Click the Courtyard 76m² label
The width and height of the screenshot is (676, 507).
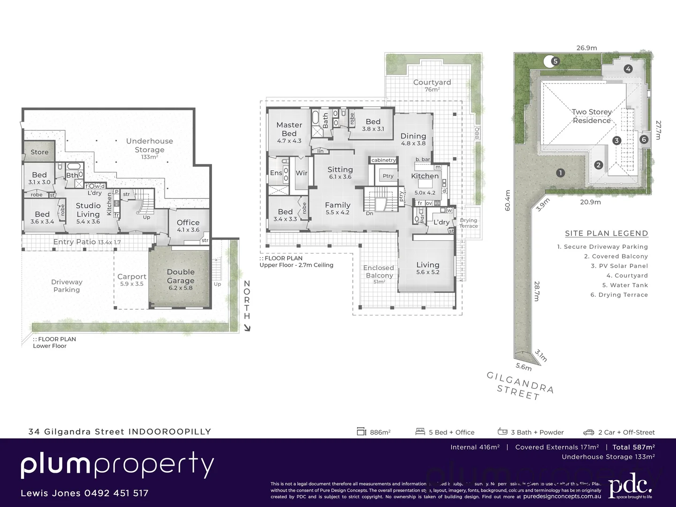[x=432, y=85]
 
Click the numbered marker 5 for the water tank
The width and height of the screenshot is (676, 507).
[x=555, y=61]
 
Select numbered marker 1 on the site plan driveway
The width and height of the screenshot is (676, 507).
[x=560, y=173]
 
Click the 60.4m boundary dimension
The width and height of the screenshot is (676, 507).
[x=508, y=200]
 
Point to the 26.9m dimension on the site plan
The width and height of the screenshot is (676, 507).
[x=586, y=48]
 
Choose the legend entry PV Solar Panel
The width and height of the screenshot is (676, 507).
[x=619, y=266]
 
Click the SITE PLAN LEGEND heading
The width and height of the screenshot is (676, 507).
[x=606, y=233]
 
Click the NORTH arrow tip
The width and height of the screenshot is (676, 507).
[x=249, y=329]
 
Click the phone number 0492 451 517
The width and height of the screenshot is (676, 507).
[x=116, y=493]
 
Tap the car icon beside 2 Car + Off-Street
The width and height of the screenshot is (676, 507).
[x=588, y=432]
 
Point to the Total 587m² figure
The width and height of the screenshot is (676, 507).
[x=633, y=447]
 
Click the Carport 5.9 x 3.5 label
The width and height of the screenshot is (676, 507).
[x=132, y=280]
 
